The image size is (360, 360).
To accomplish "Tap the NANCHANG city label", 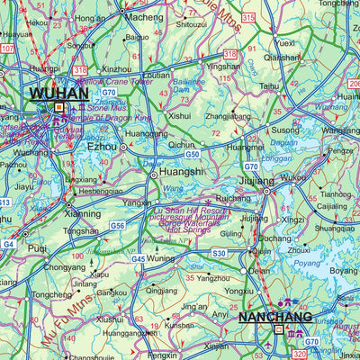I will (x=274, y=317).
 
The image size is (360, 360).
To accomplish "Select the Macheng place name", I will (x=144, y=17).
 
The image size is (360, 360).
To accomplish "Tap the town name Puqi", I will (x=37, y=247).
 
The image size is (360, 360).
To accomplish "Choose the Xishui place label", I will (x=180, y=116).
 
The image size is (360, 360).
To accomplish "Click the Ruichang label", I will (x=234, y=199).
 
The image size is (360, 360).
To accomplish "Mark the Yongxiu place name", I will (x=238, y=292).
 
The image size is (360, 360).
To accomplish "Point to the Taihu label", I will (x=270, y=86).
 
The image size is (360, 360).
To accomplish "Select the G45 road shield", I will (x=138, y=259).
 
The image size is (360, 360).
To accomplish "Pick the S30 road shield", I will (x=220, y=254).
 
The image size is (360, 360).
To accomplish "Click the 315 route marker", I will (x=248, y=18).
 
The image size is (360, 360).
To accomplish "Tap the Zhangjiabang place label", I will (x=228, y=116).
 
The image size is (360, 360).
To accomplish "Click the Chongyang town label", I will (x=65, y=267).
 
